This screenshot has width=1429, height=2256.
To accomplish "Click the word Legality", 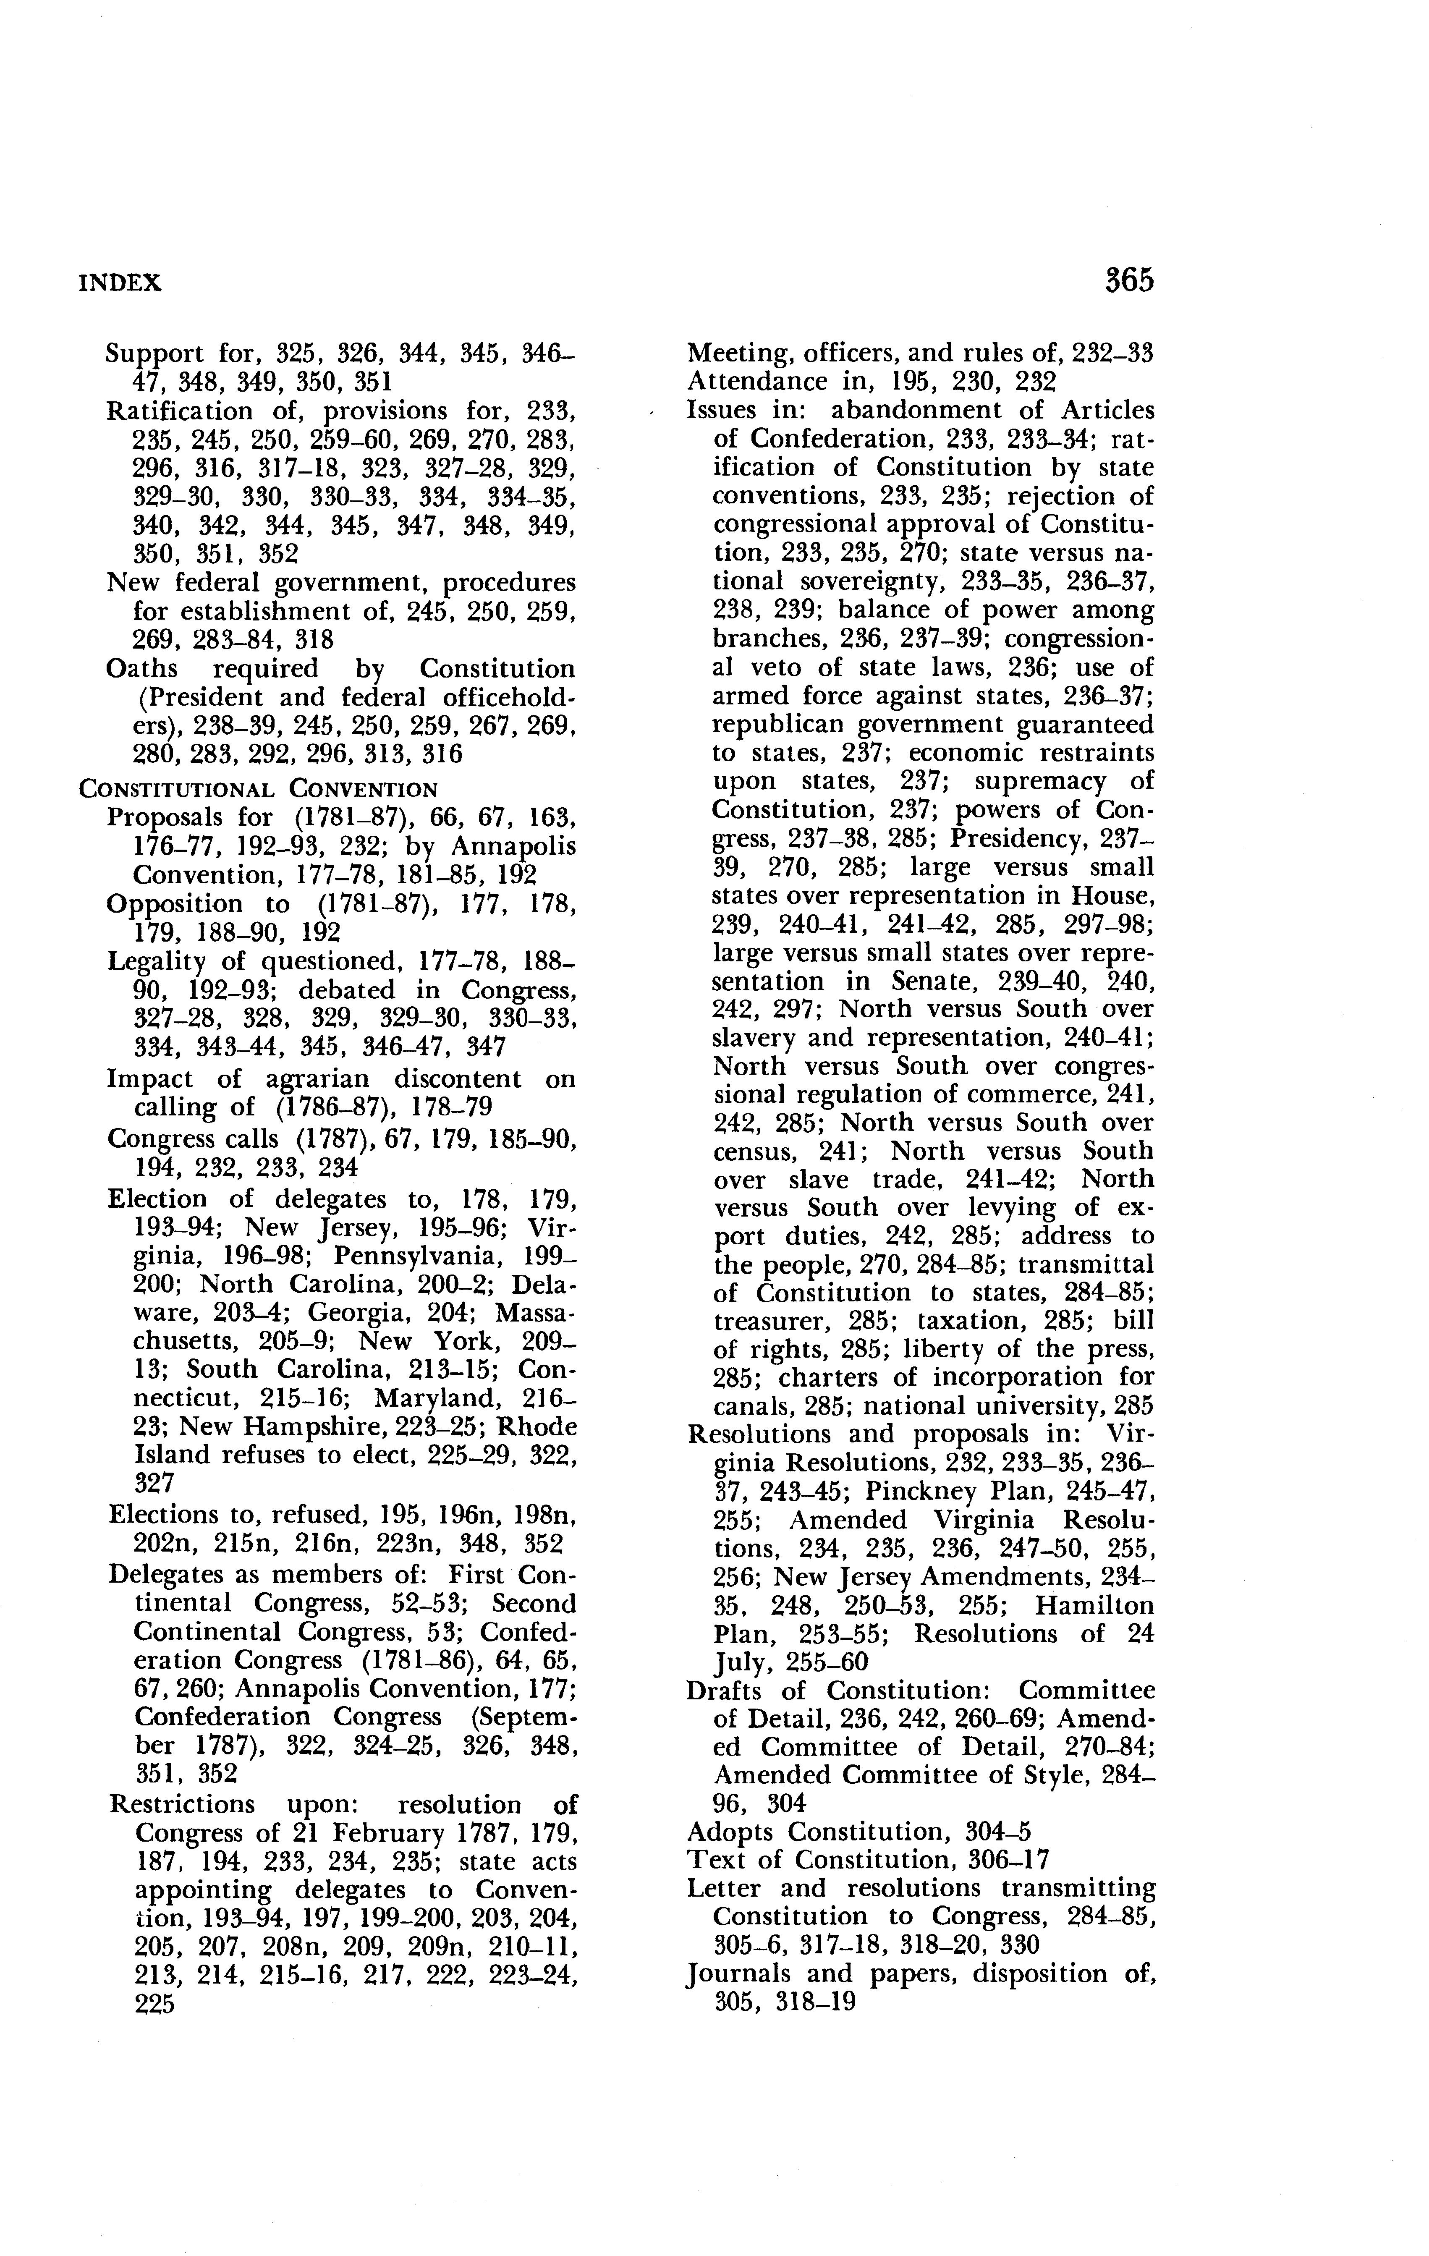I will pyautogui.click(x=154, y=961).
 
